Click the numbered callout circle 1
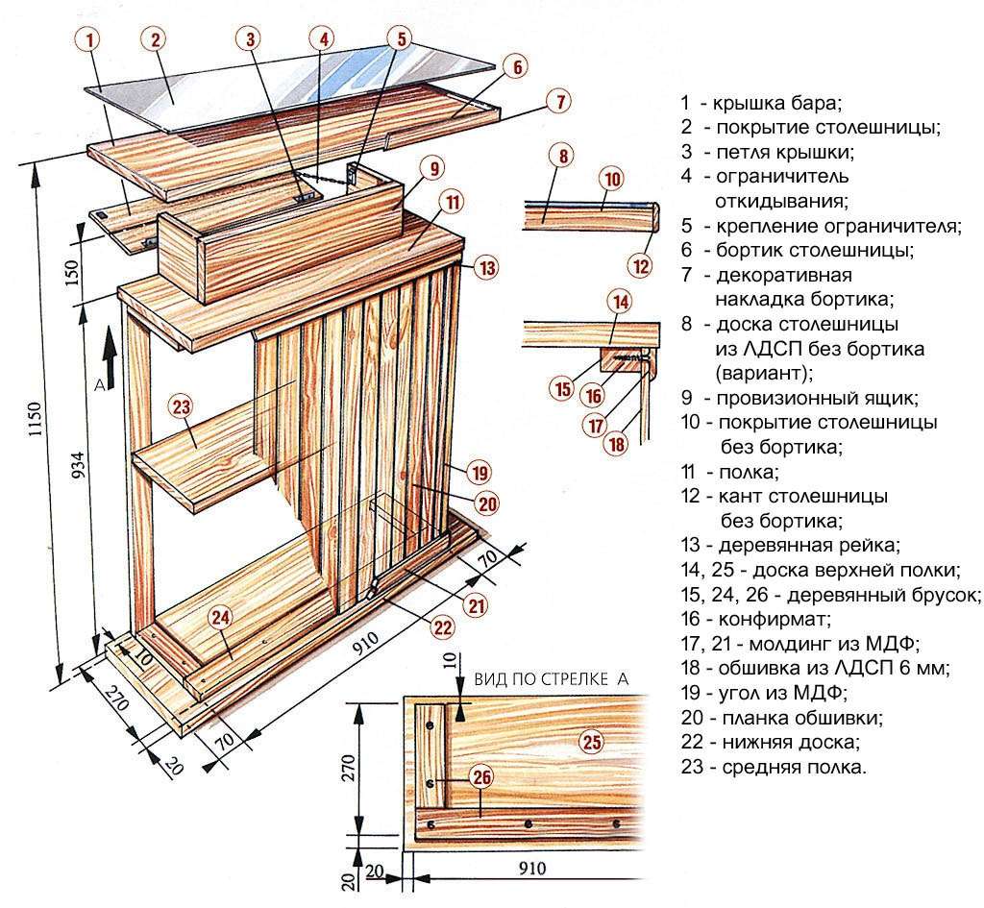coord(89,40)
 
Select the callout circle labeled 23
coord(182,406)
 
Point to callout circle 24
coord(221,618)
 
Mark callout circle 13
coord(486,268)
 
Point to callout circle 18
coord(616,444)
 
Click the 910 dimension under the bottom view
coord(531,870)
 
